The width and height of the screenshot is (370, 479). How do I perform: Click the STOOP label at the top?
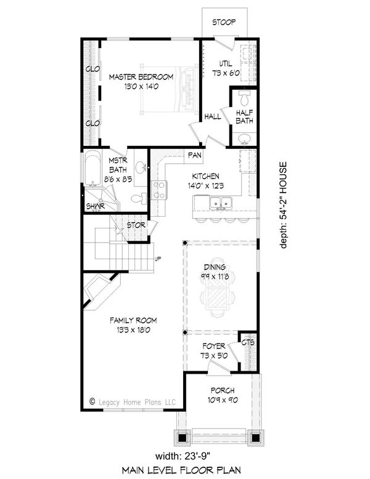pyautogui.click(x=225, y=22)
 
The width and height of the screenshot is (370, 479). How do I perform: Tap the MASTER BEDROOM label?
pyautogui.click(x=141, y=77)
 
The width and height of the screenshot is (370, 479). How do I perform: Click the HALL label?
pyautogui.click(x=213, y=116)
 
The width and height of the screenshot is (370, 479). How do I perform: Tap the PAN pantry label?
pyautogui.click(x=195, y=155)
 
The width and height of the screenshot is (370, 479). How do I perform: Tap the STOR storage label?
pyautogui.click(x=136, y=225)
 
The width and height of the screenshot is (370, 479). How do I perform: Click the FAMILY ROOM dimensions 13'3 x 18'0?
pyautogui.click(x=133, y=331)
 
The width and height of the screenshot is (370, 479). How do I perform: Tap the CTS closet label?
pyautogui.click(x=248, y=342)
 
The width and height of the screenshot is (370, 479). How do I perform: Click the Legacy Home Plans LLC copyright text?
pyautogui.click(x=133, y=402)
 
